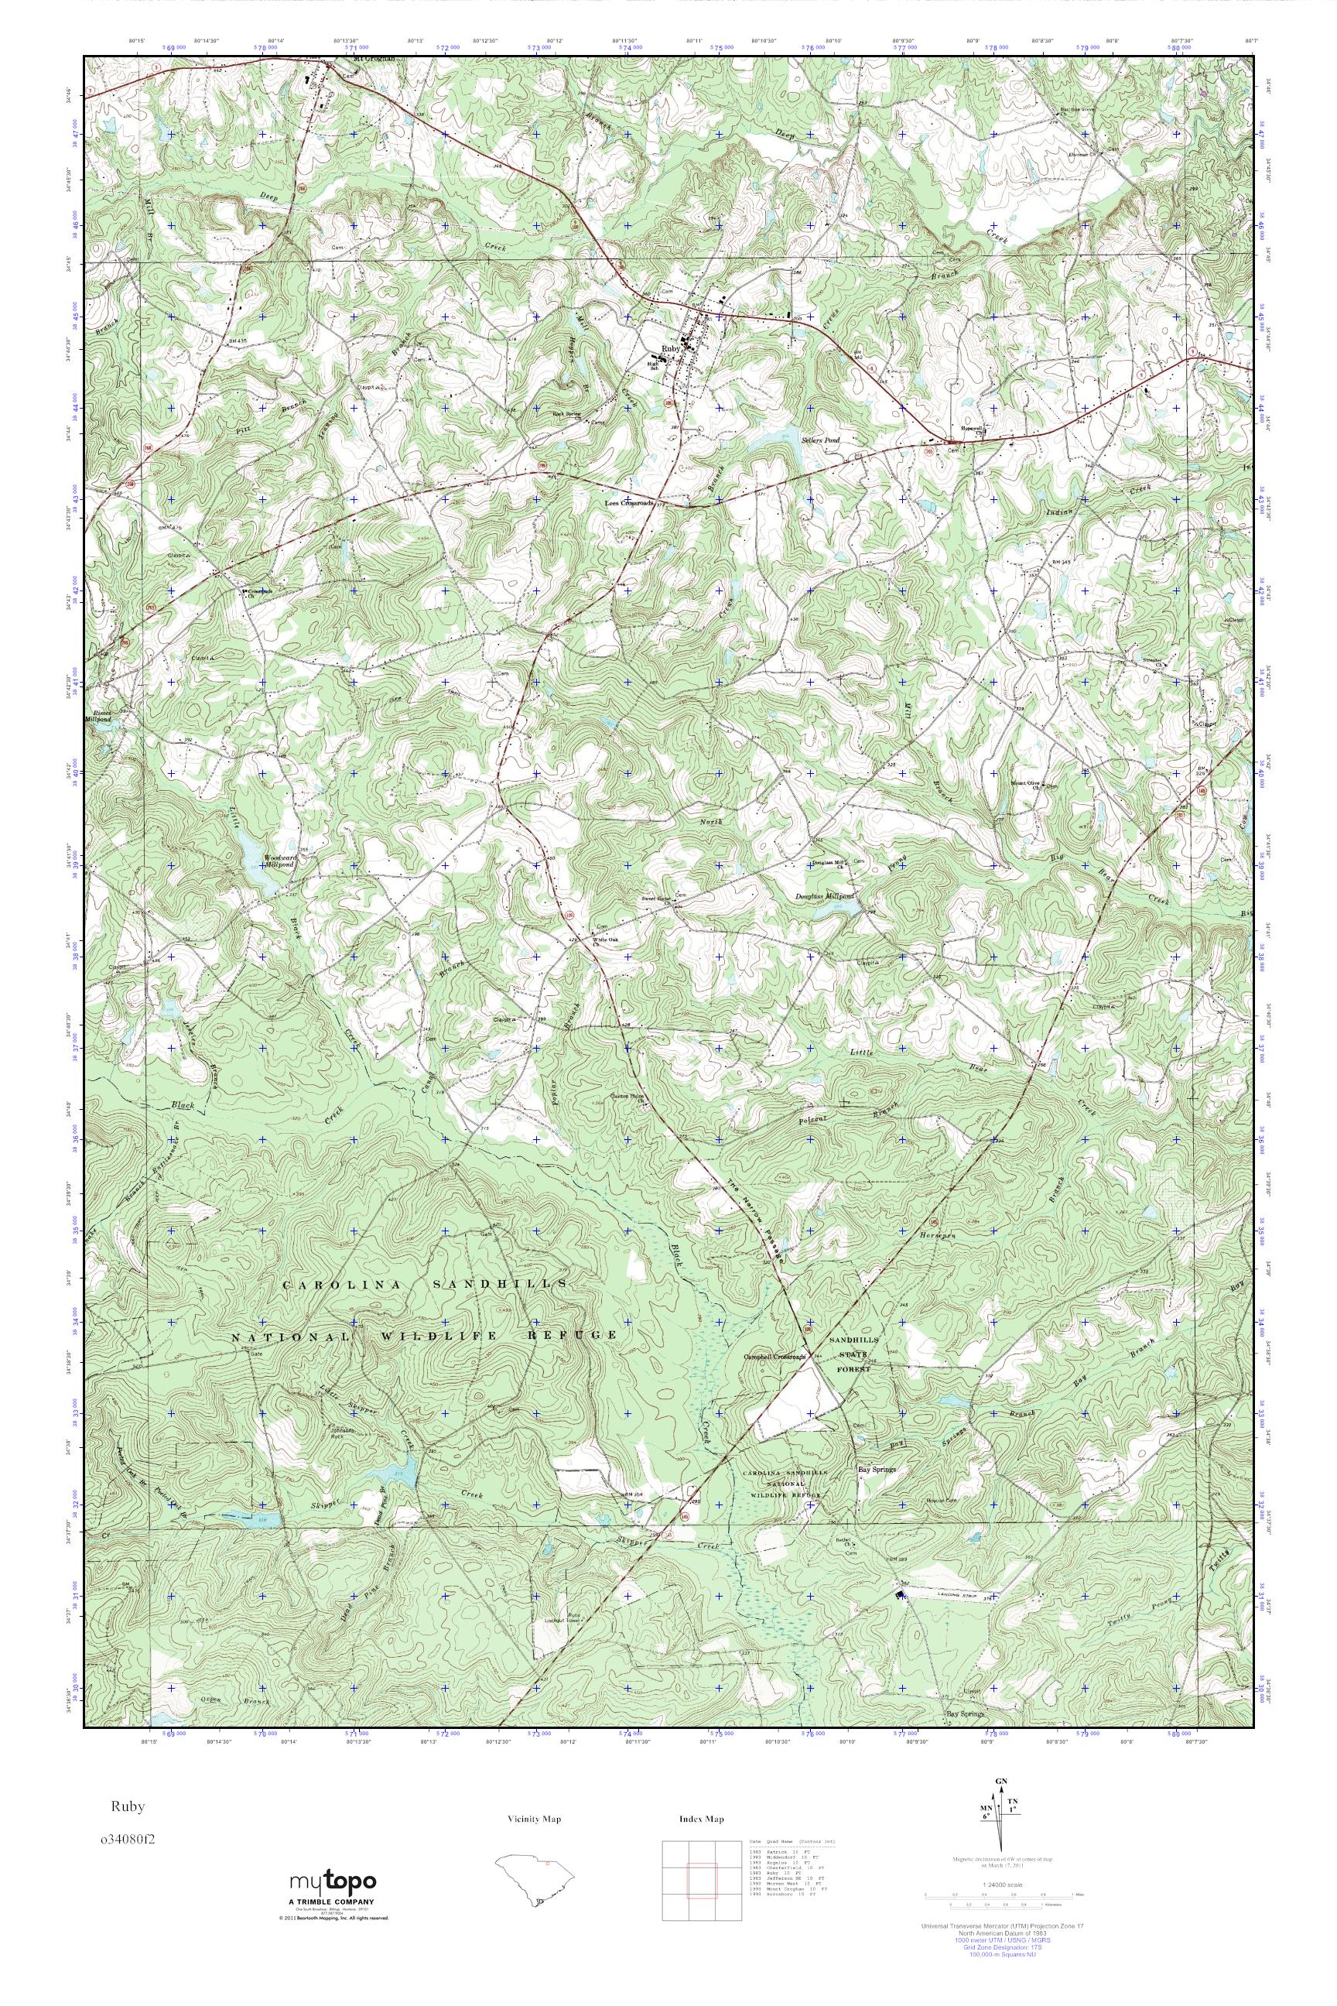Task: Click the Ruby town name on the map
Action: point(671,349)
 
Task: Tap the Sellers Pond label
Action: point(820,440)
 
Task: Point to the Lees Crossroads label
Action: point(629,503)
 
